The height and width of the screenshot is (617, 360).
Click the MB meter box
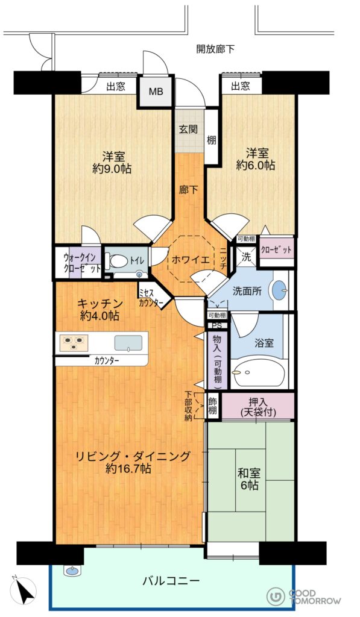click(x=156, y=92)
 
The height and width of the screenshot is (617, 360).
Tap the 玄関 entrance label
click(x=189, y=129)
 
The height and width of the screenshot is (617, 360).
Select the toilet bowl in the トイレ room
click(x=119, y=260)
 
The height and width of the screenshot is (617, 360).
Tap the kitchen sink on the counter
click(x=128, y=343)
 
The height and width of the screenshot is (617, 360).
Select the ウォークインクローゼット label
click(x=82, y=263)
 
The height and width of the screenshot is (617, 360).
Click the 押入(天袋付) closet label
click(x=258, y=407)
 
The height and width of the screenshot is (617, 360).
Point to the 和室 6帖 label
click(x=249, y=478)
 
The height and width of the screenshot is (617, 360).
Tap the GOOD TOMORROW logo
click(x=304, y=597)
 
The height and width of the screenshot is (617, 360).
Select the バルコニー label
click(x=171, y=580)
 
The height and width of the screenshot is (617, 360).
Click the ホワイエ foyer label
click(x=186, y=259)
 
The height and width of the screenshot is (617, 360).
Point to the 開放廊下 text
click(x=215, y=49)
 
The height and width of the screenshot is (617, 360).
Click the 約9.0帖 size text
click(x=112, y=169)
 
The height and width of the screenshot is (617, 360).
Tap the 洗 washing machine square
click(x=246, y=257)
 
